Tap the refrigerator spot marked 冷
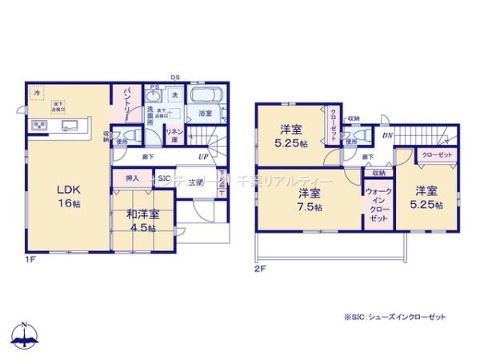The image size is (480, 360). point(37,94)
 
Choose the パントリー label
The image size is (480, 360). point(126,105)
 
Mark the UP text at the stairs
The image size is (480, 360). point(203,156)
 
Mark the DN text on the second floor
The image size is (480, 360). point(386,136)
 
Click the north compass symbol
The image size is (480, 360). point(25,337)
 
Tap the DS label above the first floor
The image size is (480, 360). point(175,76)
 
